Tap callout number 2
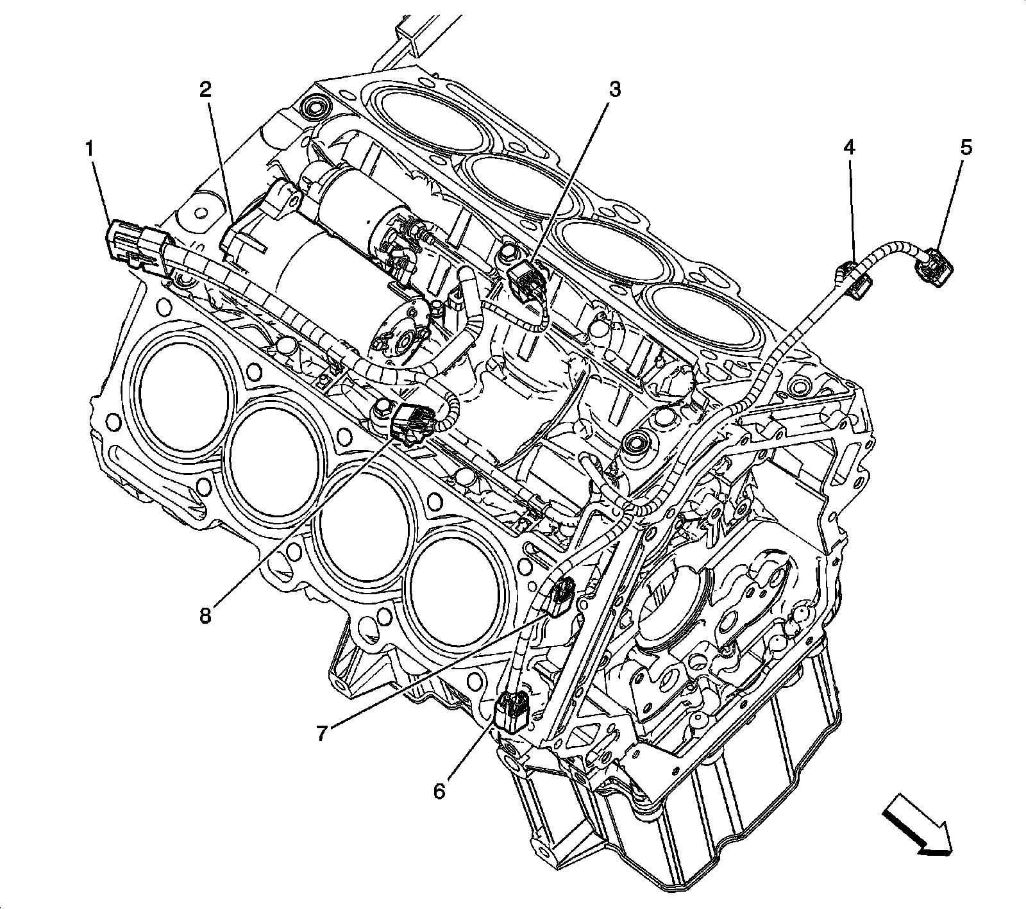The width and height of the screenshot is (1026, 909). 205,90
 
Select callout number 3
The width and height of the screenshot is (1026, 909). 614,90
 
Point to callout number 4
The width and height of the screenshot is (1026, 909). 848,149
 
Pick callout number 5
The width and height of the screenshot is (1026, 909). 966,148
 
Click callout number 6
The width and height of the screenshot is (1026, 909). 439,792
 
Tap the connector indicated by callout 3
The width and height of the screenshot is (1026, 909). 523,279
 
